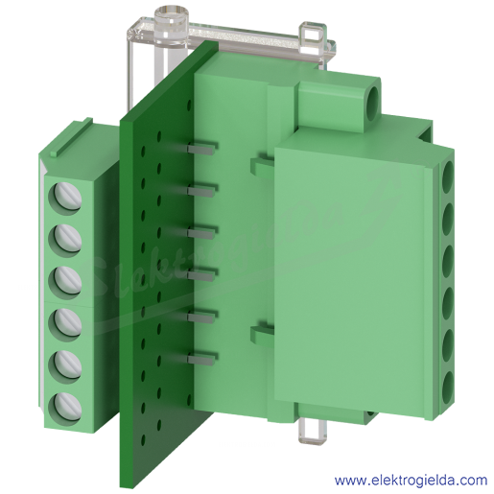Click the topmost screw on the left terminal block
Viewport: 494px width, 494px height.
pyautogui.click(x=65, y=199)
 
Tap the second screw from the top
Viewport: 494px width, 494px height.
pyautogui.click(x=65, y=241)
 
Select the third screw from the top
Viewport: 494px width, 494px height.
pyautogui.click(x=65, y=282)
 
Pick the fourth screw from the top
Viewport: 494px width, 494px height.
pyautogui.click(x=65, y=324)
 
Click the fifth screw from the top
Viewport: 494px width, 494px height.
pyautogui.click(x=65, y=366)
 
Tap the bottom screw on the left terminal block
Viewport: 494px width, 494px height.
pyautogui.click(x=65, y=409)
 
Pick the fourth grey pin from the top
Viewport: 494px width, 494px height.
pyautogui.click(x=200, y=276)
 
